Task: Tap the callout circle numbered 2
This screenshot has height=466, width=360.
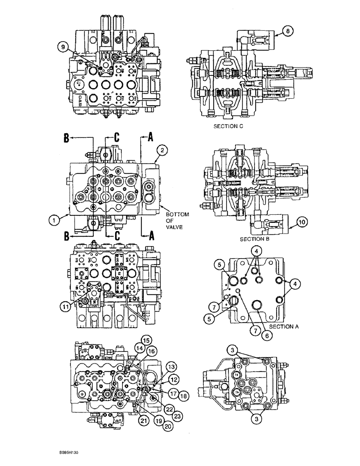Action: (162, 151)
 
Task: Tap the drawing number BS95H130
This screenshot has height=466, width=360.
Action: (72, 452)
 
